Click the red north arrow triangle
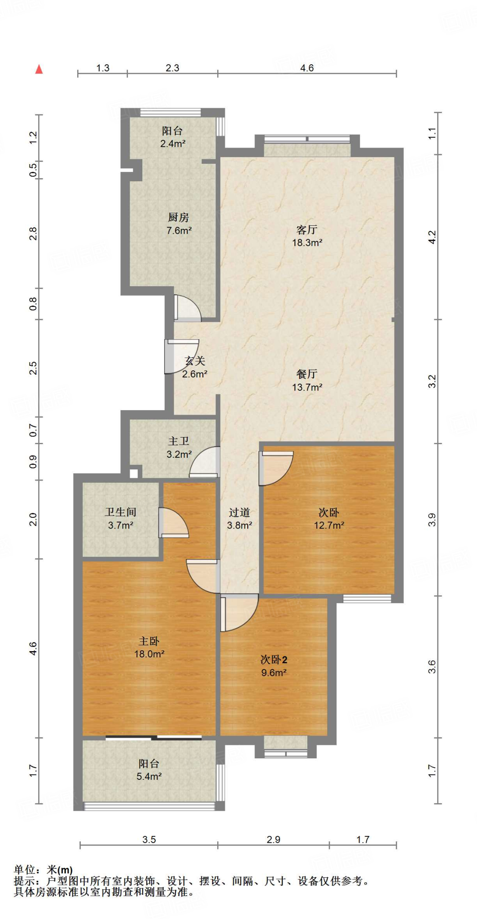(x=39, y=69)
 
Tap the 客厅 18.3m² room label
(x=307, y=236)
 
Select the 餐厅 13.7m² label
(x=307, y=381)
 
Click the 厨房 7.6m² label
(x=179, y=224)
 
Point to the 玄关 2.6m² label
(x=195, y=368)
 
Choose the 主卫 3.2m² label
(x=179, y=448)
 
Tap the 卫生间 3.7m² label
(x=121, y=519)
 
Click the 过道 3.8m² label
(x=240, y=519)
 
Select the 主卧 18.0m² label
(x=149, y=648)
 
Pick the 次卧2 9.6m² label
(x=274, y=666)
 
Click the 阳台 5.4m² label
(x=149, y=770)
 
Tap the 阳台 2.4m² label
(x=173, y=137)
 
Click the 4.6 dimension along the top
(x=307, y=68)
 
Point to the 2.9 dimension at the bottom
(x=273, y=839)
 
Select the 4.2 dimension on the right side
(x=432, y=237)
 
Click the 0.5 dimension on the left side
(x=33, y=170)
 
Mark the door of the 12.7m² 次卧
(x=276, y=468)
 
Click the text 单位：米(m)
(x=43, y=870)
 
